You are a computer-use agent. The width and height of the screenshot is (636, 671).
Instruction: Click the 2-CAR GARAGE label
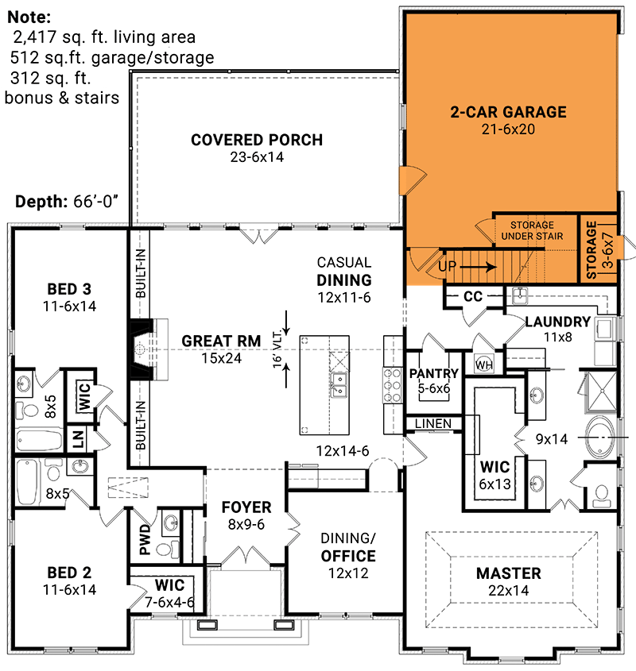[508, 112]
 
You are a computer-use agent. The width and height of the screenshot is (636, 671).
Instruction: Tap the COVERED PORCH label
[257, 141]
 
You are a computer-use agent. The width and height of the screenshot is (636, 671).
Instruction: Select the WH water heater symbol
[484, 364]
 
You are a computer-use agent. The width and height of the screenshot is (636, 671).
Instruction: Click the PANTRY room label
[433, 374]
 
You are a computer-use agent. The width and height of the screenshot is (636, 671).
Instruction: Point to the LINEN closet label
[433, 423]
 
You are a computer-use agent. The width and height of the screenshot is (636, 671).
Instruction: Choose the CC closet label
[473, 296]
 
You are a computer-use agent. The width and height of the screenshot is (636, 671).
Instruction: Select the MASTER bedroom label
[508, 573]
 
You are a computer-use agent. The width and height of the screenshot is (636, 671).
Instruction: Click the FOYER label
[246, 507]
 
